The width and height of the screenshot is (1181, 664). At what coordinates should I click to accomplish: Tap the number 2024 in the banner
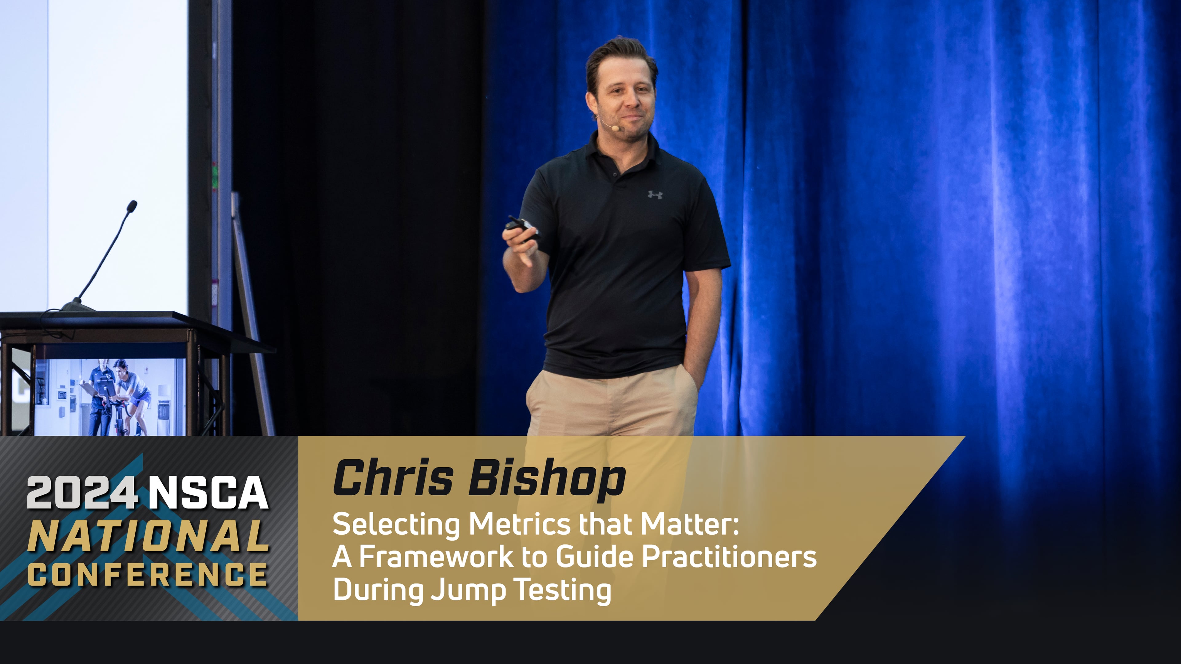click(82, 492)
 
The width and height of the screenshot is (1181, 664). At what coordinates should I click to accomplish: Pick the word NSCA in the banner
click(208, 492)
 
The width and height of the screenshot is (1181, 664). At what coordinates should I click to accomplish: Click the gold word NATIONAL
click(149, 536)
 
